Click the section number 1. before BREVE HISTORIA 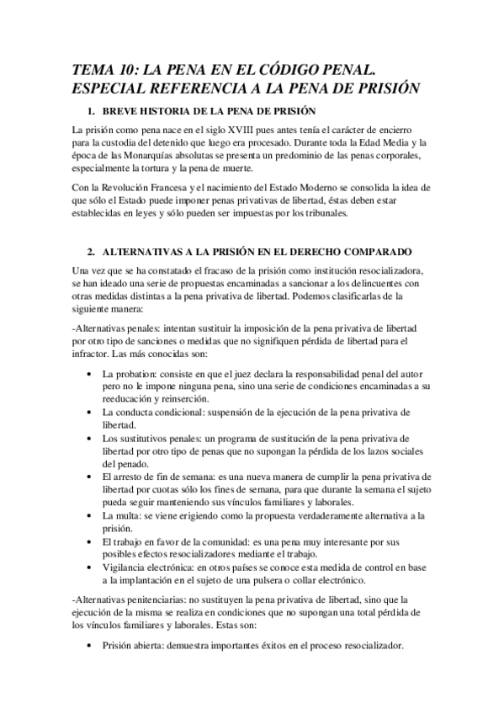click(x=92, y=112)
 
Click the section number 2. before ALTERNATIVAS click(x=92, y=252)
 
